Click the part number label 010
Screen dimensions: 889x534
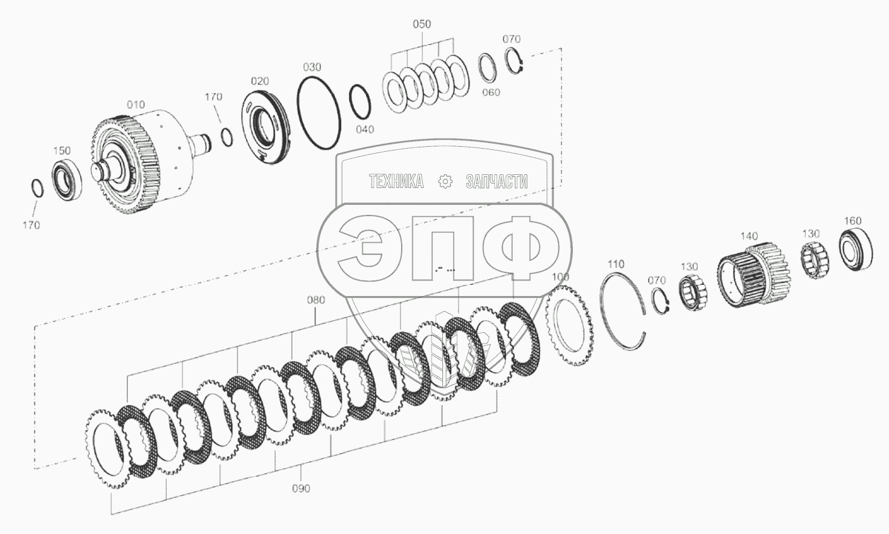pyautogui.click(x=136, y=105)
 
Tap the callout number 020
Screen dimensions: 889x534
pyautogui.click(x=260, y=81)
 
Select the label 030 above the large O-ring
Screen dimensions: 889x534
pyautogui.click(x=312, y=67)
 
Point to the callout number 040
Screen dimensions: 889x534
pyautogui.click(x=365, y=130)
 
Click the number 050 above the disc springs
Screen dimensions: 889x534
pyautogui.click(x=422, y=24)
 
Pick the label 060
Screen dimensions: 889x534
pyautogui.click(x=491, y=92)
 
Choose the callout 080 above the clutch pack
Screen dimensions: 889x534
pyautogui.click(x=316, y=300)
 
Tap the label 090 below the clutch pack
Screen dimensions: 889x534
pyautogui.click(x=301, y=489)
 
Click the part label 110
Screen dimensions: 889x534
pyautogui.click(x=615, y=264)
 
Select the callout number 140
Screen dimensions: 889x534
pyautogui.click(x=749, y=237)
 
